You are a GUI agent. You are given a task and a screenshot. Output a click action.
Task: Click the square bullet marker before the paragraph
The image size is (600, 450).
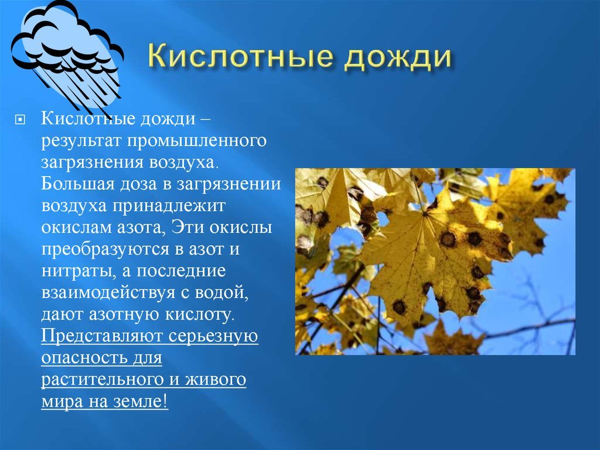19,120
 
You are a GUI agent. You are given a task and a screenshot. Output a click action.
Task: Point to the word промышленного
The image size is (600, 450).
197,140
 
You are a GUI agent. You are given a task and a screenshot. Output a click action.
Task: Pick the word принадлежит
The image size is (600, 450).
169,206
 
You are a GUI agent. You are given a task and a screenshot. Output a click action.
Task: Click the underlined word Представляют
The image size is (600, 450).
101,337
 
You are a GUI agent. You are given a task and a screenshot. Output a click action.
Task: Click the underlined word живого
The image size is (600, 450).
215,380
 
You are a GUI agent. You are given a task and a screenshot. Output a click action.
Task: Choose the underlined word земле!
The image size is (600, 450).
141,402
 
